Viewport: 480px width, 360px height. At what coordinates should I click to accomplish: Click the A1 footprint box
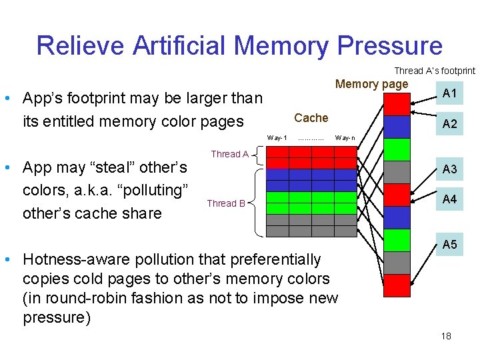[450, 93]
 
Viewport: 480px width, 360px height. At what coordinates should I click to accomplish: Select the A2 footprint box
[450, 124]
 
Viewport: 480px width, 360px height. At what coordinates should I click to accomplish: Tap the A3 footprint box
[450, 169]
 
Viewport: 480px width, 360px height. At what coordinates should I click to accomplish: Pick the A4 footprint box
[450, 199]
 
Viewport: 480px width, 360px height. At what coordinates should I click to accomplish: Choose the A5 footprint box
[450, 245]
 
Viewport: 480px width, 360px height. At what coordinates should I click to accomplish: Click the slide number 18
[446, 336]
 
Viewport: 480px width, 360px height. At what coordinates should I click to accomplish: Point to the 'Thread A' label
[230, 154]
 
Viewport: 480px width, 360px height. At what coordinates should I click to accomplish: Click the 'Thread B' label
[226, 203]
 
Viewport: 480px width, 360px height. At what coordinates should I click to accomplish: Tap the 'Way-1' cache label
[277, 138]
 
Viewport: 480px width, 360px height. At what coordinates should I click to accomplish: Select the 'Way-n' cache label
[345, 138]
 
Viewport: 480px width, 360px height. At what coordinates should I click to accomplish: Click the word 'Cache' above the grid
[311, 118]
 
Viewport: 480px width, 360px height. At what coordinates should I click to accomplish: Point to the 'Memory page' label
[371, 84]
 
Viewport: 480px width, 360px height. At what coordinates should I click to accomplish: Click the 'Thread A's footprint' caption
[435, 71]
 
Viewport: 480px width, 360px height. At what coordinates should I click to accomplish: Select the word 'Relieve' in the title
[81, 46]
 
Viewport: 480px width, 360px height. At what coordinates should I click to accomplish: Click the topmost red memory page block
[398, 104]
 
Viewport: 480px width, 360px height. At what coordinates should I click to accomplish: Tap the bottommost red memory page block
[398, 285]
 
